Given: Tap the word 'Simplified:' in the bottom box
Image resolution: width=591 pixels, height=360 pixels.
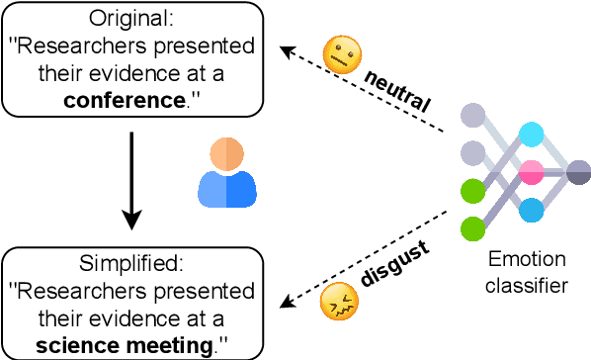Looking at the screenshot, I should pyautogui.click(x=131, y=266).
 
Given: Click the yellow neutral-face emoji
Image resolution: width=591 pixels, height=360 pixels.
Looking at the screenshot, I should pyautogui.click(x=339, y=57).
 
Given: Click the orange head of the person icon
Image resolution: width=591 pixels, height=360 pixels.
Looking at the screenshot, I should pyautogui.click(x=226, y=154).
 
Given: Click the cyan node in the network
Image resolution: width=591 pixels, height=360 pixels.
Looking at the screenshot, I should pyautogui.click(x=532, y=135).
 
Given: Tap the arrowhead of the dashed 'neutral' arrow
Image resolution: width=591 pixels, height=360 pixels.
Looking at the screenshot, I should pyautogui.click(x=285, y=48).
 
